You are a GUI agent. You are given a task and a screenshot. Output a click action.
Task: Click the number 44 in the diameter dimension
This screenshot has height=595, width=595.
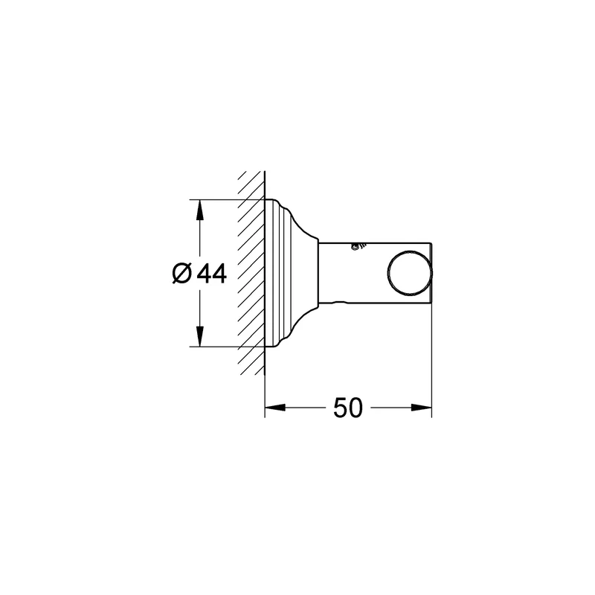[x=212, y=273]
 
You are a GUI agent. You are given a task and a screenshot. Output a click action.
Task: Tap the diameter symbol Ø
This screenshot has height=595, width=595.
[x=181, y=273]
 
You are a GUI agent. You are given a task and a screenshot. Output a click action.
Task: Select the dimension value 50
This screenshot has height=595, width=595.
[x=348, y=408]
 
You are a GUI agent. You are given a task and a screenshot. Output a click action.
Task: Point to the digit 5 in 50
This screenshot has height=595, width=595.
[x=341, y=408]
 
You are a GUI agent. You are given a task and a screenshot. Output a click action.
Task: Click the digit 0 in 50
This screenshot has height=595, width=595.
[x=356, y=408]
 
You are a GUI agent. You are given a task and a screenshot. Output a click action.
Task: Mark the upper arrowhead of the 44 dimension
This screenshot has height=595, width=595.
[x=200, y=210]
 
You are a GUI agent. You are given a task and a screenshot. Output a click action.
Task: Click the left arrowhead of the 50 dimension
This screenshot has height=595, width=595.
[x=274, y=408]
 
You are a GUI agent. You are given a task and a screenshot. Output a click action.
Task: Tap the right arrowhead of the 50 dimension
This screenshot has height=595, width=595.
[x=422, y=408]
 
